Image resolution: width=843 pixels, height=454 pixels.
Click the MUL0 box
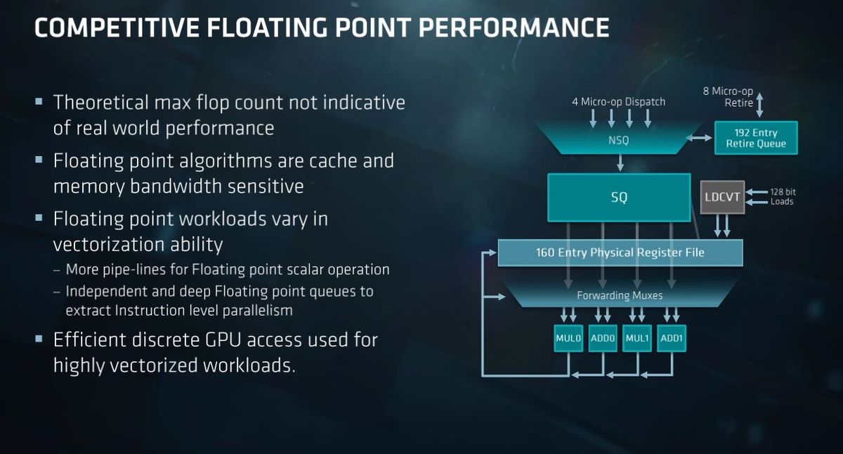coord(568,339)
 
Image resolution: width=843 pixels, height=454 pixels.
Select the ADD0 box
coord(603,339)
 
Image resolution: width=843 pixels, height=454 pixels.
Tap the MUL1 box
coord(637,339)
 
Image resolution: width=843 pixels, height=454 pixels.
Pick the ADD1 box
coord(672,339)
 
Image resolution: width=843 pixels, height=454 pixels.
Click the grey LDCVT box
coord(722,197)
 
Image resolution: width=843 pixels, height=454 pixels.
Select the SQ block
coord(619,197)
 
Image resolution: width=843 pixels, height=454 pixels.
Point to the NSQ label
coord(619,141)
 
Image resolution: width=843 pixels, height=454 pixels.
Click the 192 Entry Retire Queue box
coord(756,138)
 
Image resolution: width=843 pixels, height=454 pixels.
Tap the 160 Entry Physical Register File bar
coord(620,252)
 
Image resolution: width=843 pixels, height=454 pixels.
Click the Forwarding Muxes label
coord(620,295)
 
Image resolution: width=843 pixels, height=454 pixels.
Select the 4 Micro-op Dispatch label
coord(619,102)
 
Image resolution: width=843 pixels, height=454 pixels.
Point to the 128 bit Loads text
coord(783,197)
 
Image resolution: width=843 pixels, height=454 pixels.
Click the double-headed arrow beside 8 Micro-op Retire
coord(759,105)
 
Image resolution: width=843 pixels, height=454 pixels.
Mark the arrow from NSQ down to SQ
coord(620,162)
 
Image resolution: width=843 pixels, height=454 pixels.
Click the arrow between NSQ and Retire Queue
coord(698,138)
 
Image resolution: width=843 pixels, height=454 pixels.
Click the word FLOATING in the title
coord(267,27)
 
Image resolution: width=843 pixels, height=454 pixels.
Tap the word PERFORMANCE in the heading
coord(514,27)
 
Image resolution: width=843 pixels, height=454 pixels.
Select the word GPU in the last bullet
coord(223,340)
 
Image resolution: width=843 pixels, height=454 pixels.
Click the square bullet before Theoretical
coord(39,101)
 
